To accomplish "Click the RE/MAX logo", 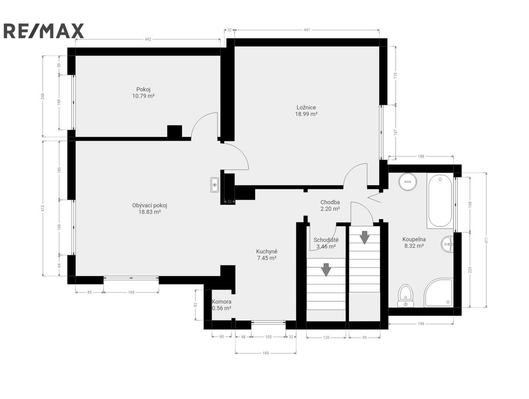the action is click(x=44, y=31).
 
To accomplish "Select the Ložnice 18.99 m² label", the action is click(x=306, y=110).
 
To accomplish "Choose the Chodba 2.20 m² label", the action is click(x=330, y=205).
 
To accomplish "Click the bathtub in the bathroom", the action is click(x=440, y=201).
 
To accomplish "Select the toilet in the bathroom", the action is click(x=406, y=296).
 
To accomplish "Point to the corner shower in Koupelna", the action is click(x=438, y=293).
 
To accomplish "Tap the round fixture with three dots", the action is click(x=408, y=182).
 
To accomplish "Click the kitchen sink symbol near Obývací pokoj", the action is click(x=214, y=185).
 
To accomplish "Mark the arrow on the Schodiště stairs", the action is click(x=326, y=270).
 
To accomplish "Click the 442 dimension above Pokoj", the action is click(x=148, y=39).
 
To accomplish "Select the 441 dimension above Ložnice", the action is click(x=306, y=30).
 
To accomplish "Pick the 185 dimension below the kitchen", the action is click(x=265, y=353).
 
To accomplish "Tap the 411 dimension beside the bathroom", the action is click(x=486, y=240).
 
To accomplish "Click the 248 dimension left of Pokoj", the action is click(x=43, y=96).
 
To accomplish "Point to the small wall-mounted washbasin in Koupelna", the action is click(x=447, y=244).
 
